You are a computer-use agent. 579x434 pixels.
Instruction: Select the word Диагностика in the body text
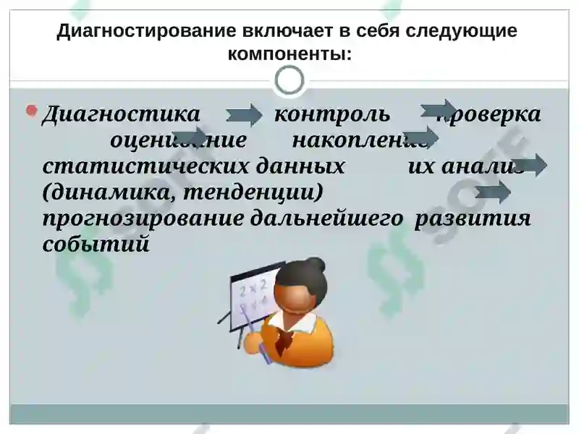(x=120, y=114)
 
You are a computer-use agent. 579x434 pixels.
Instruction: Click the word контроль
(x=332, y=114)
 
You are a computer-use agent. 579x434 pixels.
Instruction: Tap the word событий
(x=96, y=244)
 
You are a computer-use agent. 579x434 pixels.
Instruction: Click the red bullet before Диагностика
(x=31, y=111)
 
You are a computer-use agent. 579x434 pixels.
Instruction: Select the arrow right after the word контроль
(x=439, y=109)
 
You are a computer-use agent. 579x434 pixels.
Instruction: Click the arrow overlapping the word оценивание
(x=190, y=135)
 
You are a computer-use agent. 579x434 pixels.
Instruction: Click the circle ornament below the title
(x=289, y=80)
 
